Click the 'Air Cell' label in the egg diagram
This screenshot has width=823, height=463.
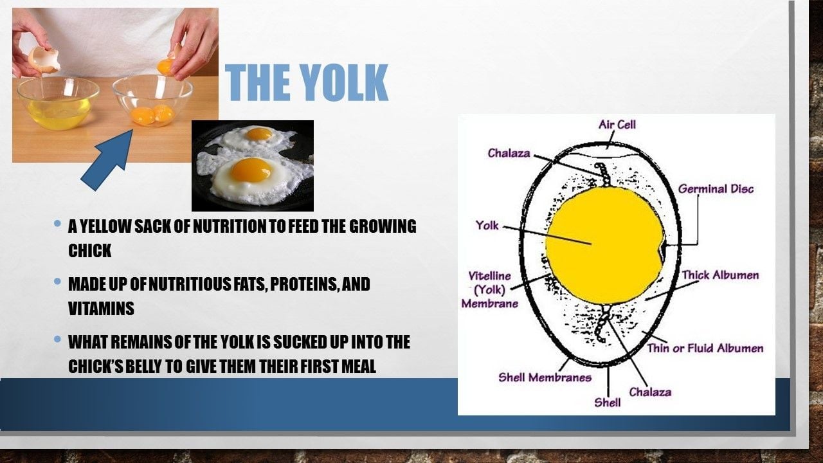coord(617,125)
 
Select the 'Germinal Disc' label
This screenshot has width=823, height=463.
coord(716,189)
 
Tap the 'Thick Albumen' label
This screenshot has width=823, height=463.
coord(721,275)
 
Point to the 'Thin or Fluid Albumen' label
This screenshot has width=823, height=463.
coord(705,348)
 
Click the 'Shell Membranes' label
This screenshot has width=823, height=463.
coord(545,377)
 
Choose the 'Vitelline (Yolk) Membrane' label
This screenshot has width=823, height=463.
coord(490,289)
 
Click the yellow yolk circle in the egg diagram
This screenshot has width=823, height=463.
coord(605,246)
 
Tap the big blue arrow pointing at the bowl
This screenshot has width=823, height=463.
coord(107,160)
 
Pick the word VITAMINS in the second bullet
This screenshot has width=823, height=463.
coord(101,308)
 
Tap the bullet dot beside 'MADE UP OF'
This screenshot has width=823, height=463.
coord(57,282)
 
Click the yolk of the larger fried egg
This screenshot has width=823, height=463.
coord(251,170)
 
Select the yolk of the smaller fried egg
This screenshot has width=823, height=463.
coord(258,133)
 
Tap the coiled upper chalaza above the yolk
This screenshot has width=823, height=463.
coord(603,175)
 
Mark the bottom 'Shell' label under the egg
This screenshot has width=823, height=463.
coord(608,403)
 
